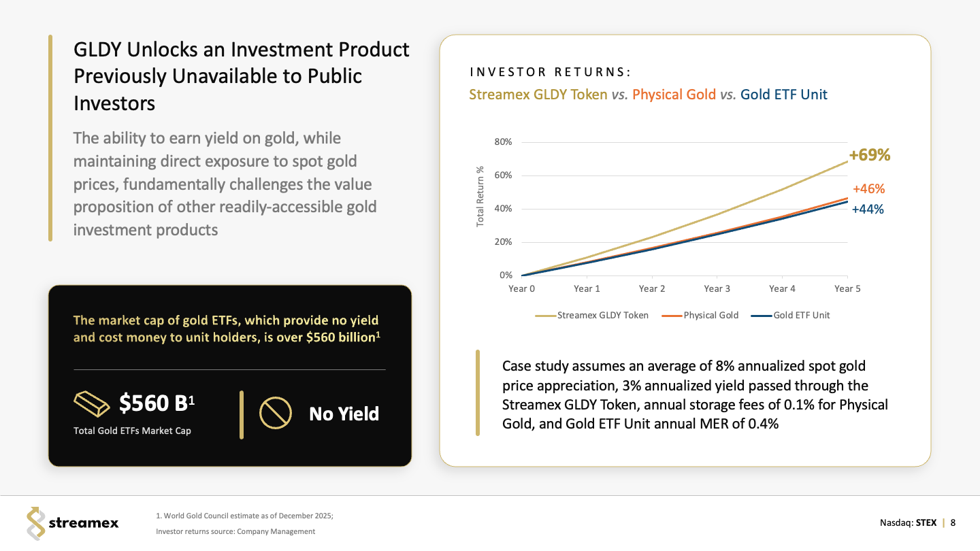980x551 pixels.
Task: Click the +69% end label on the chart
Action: [x=870, y=155]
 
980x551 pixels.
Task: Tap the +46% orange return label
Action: [x=868, y=189]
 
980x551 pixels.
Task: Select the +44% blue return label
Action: [x=868, y=210]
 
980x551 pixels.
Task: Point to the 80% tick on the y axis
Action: [x=503, y=142]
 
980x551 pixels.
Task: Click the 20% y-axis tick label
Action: [x=503, y=242]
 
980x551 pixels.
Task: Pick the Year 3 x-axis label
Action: [x=717, y=289]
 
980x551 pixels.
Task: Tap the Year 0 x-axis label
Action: [x=521, y=289]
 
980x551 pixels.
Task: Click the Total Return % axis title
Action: [x=480, y=197]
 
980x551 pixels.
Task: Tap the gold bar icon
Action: [x=91, y=405]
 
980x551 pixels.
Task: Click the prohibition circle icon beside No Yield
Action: [x=276, y=413]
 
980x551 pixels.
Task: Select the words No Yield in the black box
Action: [x=344, y=414]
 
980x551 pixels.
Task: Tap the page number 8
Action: [x=953, y=523]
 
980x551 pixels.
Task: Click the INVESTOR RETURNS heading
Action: [x=550, y=72]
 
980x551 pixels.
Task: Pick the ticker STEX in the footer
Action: [x=926, y=523]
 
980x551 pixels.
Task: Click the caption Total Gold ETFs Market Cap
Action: [x=132, y=431]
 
